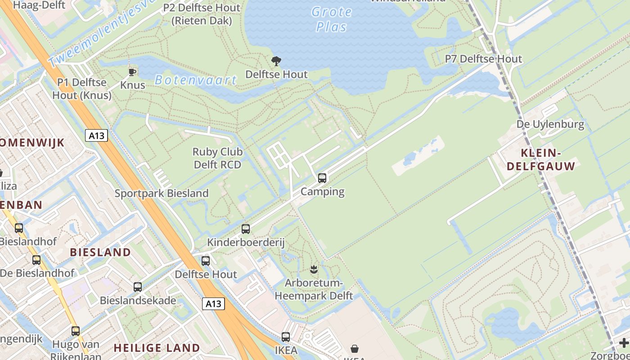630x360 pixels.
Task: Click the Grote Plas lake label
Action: point(331,19)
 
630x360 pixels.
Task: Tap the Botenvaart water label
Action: point(195,80)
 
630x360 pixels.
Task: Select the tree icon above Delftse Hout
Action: point(276,61)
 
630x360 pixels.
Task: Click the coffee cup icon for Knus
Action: point(132,72)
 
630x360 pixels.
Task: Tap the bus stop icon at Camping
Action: point(322,178)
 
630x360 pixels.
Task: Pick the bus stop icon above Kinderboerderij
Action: point(246,229)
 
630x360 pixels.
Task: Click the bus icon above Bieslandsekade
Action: point(138,287)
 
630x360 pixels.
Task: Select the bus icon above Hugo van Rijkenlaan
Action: point(76,331)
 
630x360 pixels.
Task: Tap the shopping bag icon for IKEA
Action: point(355,349)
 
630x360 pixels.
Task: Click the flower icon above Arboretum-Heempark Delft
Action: point(314,270)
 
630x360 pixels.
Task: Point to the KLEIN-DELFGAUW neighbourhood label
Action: point(541,159)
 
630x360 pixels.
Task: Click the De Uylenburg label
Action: point(550,124)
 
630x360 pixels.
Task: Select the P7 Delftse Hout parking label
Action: point(483,59)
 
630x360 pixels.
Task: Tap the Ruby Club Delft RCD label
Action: point(217,158)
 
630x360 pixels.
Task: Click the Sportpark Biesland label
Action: point(162,193)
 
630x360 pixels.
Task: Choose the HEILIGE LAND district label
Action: point(157,348)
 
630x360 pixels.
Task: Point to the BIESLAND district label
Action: point(100,252)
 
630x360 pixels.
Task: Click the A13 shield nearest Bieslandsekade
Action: point(213,304)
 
